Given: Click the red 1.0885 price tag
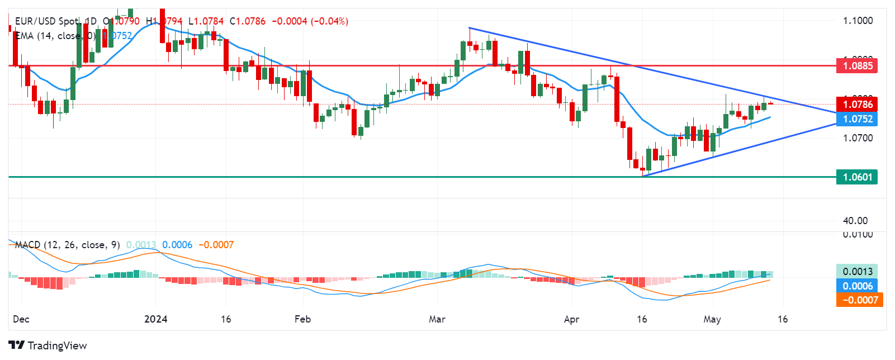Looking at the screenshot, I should point(857,66).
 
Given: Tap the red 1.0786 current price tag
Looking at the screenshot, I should point(857,105).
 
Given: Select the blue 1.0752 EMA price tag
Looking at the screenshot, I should point(857,119).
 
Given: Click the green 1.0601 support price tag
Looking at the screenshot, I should point(857,177).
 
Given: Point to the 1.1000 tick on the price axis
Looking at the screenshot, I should point(858,21).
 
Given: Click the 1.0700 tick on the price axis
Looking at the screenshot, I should point(858,138).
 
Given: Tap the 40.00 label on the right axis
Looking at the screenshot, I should point(855,220).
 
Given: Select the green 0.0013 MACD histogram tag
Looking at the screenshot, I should point(857,272).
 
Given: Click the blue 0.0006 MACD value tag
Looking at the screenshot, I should point(857,286).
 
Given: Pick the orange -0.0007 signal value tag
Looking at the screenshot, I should point(859,300).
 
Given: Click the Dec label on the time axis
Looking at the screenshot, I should point(21,319).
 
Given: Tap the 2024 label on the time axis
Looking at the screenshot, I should point(155,319).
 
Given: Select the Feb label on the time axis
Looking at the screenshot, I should point(302,319).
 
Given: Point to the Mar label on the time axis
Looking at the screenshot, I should point(437,319).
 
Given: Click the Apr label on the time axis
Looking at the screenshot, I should point(571,319).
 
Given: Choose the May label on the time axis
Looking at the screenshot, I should point(712,319).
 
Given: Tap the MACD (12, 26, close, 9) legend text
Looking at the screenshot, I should point(68,245).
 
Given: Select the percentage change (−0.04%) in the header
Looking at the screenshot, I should point(329,21).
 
